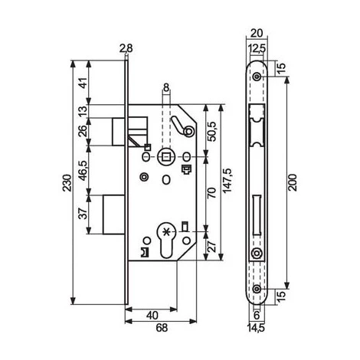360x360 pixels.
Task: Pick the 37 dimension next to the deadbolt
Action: click(x=83, y=215)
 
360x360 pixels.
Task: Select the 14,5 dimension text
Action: click(x=257, y=328)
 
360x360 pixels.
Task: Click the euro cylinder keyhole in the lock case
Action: click(x=165, y=237)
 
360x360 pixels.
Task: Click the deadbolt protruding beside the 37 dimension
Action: click(x=111, y=214)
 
